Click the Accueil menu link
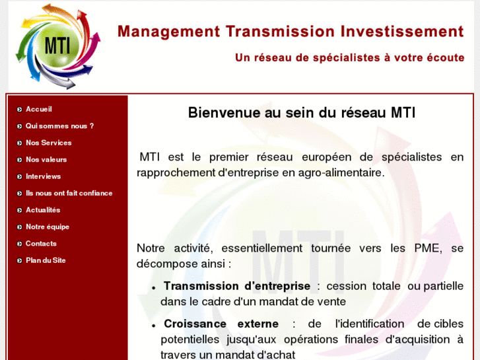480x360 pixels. tap(38, 109)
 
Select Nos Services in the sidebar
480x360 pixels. tap(48, 143)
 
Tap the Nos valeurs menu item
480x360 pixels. tap(46, 159)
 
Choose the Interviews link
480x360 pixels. tap(43, 176)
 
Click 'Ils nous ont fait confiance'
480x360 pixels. tap(69, 193)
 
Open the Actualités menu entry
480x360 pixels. tap(43, 210)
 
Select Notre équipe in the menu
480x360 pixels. tap(47, 227)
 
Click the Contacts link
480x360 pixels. tap(41, 244)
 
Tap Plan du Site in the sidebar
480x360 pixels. tap(46, 260)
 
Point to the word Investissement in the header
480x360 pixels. tap(402, 32)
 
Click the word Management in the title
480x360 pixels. tap(168, 32)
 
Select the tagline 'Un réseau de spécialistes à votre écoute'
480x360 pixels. tap(349, 58)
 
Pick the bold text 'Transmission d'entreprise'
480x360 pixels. tap(236, 286)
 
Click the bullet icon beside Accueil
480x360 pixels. tap(20, 110)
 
